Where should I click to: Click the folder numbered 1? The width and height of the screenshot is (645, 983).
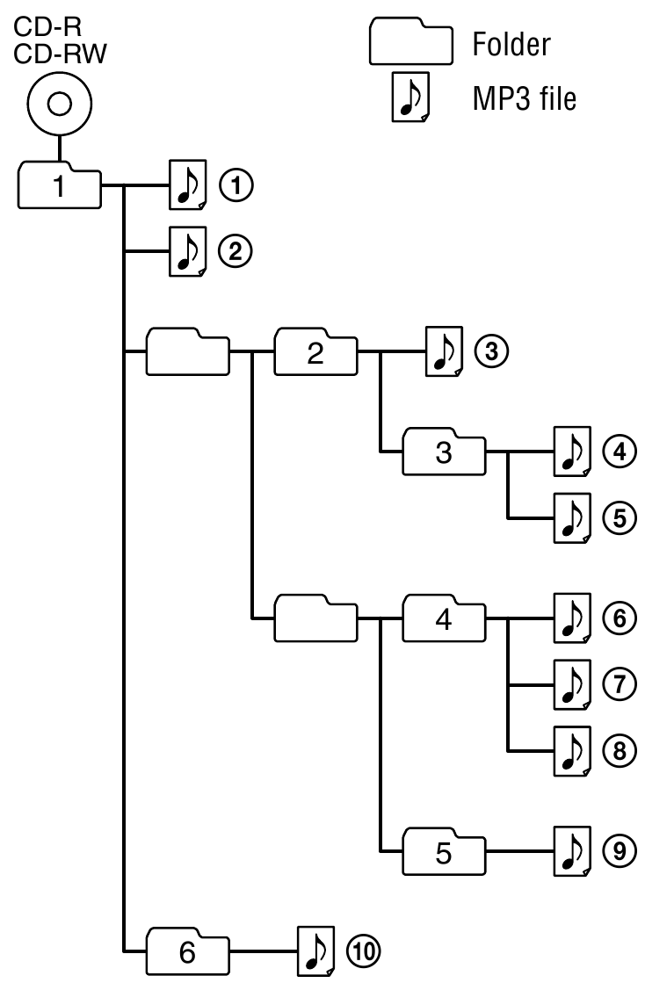[x=59, y=185]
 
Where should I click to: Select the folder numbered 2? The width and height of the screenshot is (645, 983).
[x=316, y=351]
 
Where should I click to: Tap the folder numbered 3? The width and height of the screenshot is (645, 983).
[x=444, y=452]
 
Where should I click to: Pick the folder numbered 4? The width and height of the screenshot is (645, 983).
[x=444, y=618]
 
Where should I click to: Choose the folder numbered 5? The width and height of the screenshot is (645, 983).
[x=444, y=851]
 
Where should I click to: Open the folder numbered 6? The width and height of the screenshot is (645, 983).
[x=187, y=951]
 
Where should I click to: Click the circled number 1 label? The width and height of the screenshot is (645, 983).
[x=236, y=185]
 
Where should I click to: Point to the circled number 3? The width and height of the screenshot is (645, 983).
[x=491, y=351]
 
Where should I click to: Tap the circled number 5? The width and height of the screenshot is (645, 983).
[x=620, y=517]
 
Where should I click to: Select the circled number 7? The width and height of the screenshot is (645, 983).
[x=620, y=684]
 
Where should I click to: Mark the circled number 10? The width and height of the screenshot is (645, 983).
[x=364, y=951]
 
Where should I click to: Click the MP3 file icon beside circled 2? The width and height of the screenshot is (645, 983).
[x=188, y=251]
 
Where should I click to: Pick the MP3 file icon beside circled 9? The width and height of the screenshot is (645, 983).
[x=572, y=851]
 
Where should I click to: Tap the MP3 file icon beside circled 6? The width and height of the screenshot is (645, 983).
[x=572, y=618]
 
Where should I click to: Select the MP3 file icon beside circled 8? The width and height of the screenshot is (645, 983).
[x=572, y=751]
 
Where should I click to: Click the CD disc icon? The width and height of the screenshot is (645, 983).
[x=60, y=104]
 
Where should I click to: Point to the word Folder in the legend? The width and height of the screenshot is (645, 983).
[x=511, y=44]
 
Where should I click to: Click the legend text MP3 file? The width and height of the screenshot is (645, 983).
[x=525, y=98]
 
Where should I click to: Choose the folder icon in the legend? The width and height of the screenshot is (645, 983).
[x=411, y=40]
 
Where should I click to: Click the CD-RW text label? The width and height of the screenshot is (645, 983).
[x=60, y=54]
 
